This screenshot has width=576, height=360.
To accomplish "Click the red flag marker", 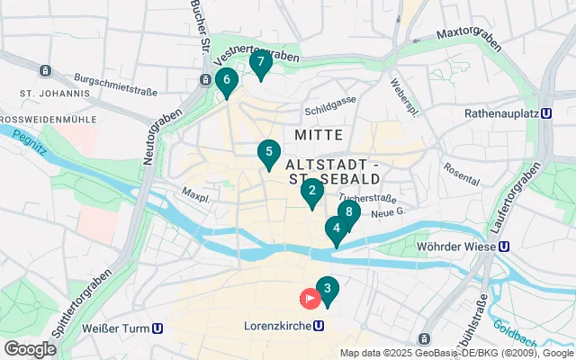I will (x=310, y=297).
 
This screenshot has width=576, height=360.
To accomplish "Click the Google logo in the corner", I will (x=30, y=348).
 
